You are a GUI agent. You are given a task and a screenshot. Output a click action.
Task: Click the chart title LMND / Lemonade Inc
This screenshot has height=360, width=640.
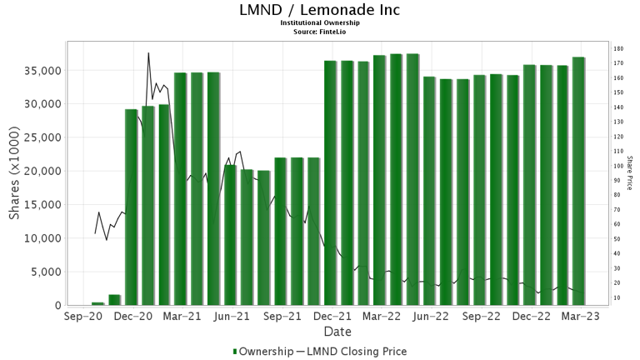(320, 10)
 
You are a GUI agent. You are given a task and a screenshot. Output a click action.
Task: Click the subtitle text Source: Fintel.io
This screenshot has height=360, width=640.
(320, 30)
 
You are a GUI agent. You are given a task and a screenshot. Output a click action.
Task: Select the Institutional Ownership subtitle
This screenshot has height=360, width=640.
(320, 22)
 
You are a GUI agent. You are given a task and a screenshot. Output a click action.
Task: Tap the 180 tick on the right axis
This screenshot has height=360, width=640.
(618, 49)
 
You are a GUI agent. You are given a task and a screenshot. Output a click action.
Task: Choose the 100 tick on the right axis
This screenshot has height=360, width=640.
(618, 166)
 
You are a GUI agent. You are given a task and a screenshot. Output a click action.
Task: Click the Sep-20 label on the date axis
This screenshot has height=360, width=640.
(82, 317)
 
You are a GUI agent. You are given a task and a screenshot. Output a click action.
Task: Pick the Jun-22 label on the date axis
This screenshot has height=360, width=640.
(432, 317)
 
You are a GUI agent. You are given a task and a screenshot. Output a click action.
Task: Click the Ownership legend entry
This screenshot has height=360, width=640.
(263, 352)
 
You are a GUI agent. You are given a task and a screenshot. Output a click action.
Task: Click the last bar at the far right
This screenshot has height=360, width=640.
(578, 181)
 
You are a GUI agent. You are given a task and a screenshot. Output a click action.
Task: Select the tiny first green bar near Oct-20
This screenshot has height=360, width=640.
(98, 303)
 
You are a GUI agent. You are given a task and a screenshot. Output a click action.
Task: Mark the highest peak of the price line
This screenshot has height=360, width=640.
(148, 53)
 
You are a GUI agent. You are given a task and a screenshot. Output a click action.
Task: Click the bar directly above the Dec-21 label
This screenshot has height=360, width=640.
(331, 183)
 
